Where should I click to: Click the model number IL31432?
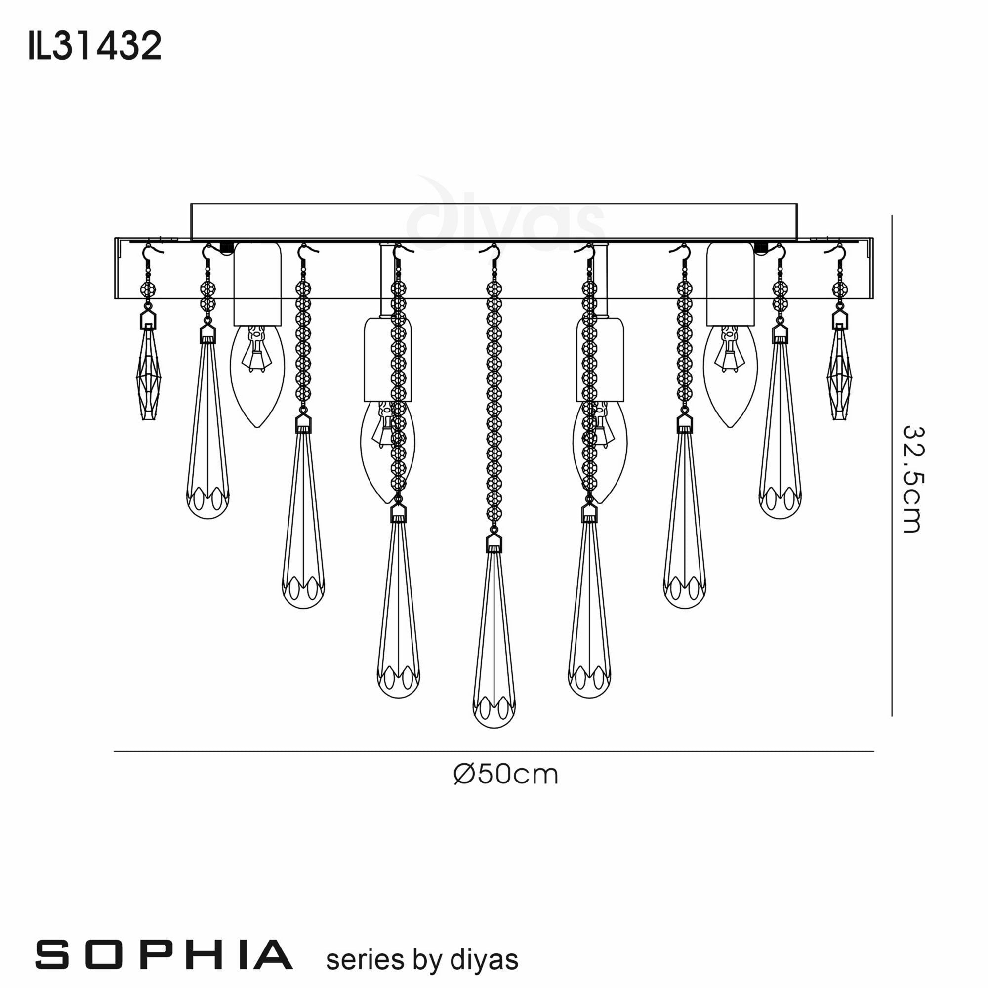[95, 46]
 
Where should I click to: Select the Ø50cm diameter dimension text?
[506, 775]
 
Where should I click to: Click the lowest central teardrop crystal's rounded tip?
[494, 713]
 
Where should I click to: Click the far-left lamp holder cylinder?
[257, 284]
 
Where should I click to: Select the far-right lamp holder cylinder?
[730, 284]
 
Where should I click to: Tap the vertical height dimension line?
[892, 460]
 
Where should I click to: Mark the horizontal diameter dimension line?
[494, 751]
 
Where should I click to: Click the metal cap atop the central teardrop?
[494, 543]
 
